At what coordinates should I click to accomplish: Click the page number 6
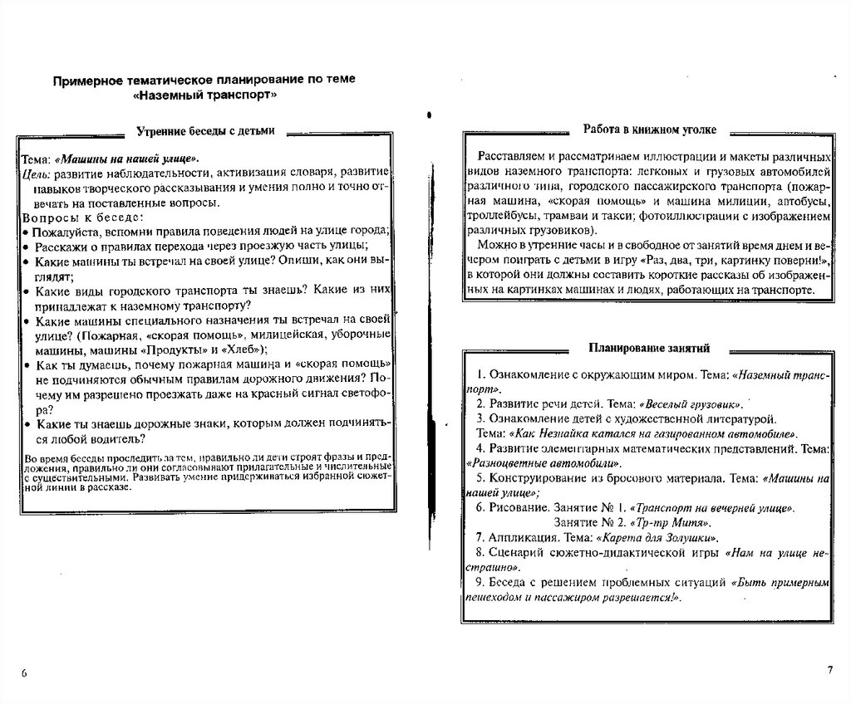click(24, 672)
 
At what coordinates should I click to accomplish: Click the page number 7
click(829, 669)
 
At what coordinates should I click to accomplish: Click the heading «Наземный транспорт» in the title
click(204, 95)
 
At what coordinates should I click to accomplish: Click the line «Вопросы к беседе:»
click(68, 217)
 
